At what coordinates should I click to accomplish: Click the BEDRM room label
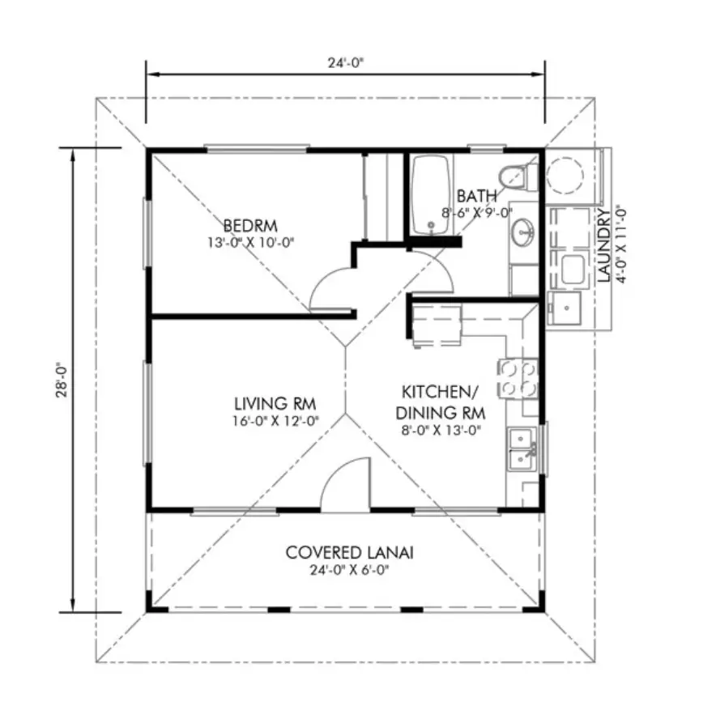click(250, 224)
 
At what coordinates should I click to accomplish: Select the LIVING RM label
click(275, 403)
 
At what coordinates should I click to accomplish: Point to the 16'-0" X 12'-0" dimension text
click(275, 420)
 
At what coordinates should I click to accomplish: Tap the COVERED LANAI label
click(349, 552)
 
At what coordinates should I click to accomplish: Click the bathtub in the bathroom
click(431, 195)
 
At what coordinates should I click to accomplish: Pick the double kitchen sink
click(519, 449)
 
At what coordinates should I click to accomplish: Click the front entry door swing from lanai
click(347, 486)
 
